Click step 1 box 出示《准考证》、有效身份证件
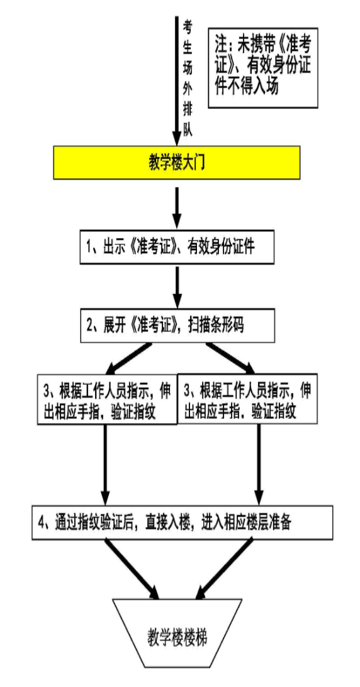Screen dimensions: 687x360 178,249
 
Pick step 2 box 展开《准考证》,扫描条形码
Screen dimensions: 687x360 178,326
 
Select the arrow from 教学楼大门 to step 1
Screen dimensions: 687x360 178,207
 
